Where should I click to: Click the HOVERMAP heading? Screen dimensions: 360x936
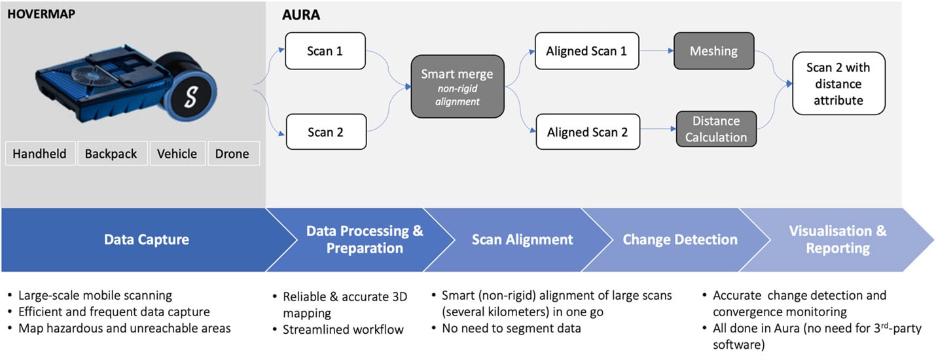[41, 13]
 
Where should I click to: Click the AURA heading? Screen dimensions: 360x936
[300, 14]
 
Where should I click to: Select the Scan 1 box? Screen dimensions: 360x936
[325, 50]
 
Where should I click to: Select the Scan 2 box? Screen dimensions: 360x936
[325, 132]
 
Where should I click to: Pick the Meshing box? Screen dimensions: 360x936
[714, 50]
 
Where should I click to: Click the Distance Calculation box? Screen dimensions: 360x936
[715, 129]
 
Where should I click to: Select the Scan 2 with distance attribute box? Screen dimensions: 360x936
[838, 84]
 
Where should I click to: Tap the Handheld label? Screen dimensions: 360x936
[40, 154]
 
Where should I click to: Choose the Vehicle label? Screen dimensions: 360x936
[177, 154]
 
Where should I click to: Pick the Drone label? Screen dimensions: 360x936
[232, 154]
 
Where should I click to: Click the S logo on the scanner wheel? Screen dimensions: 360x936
[190, 98]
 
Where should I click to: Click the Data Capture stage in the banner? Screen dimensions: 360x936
[146, 240]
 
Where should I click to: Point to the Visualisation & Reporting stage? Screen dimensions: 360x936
[838, 240]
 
